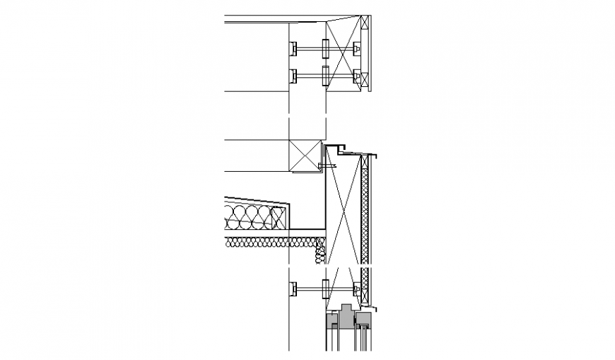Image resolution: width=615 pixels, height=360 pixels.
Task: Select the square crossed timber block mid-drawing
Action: [306, 155]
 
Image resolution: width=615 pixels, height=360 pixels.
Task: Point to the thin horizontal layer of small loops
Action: [269, 243]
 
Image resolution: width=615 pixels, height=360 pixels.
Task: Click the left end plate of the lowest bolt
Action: [292, 288]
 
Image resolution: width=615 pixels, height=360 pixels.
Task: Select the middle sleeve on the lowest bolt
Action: [326, 288]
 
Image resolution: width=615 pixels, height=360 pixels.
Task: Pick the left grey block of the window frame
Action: [331, 322]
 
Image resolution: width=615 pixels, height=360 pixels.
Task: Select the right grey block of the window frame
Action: [363, 322]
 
